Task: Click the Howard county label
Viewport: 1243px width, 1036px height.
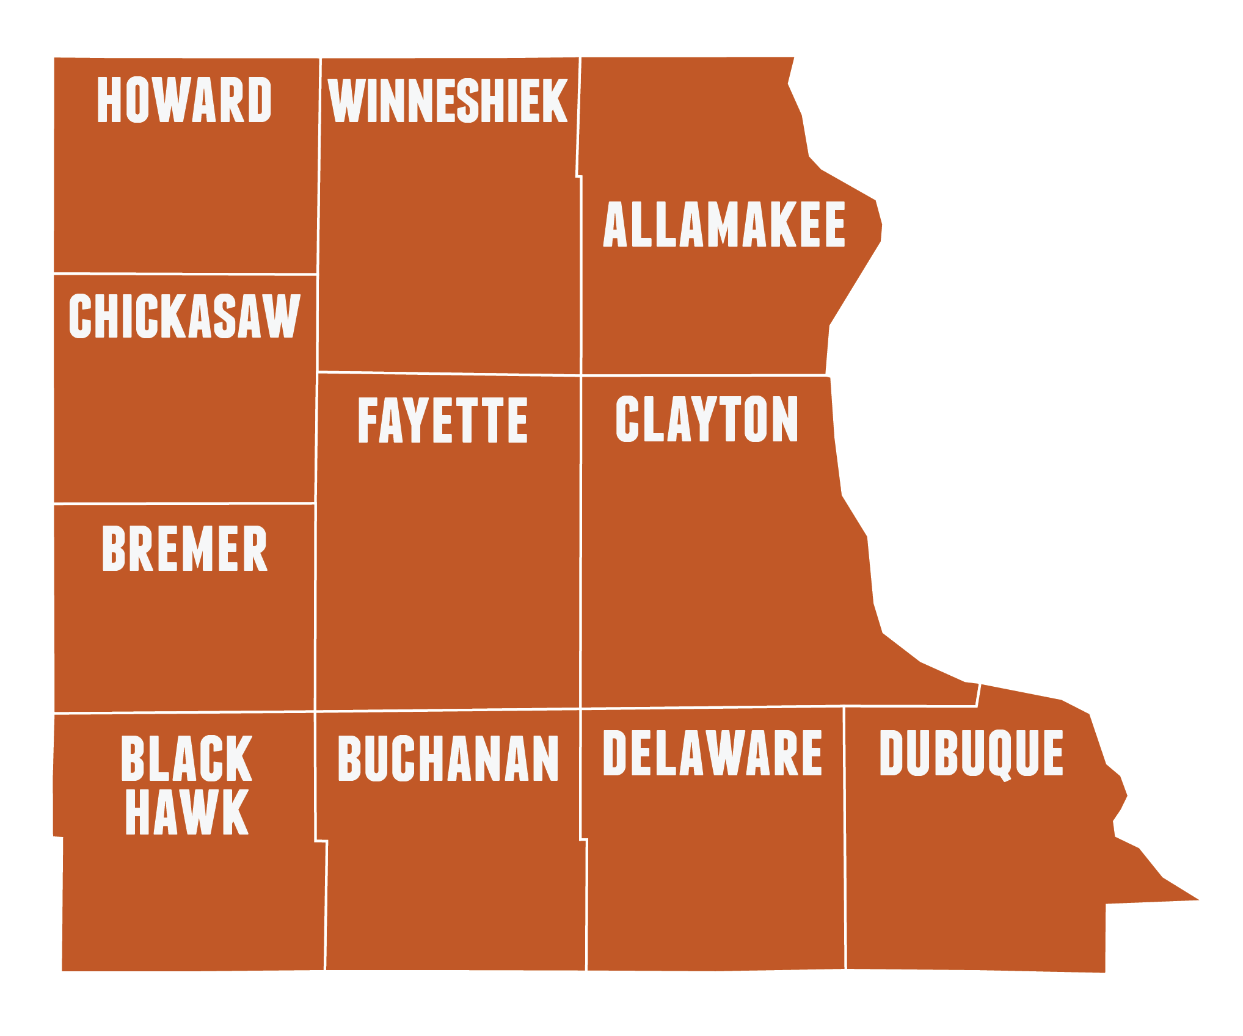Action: pos(184,100)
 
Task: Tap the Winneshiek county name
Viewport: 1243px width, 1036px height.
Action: pos(448,101)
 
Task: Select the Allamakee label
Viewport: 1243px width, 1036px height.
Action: pos(724,225)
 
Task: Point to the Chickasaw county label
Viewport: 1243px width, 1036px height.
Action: pos(184,316)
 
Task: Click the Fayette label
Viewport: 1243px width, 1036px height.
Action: pos(443,420)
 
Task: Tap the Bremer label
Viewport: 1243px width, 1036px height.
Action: pos(184,549)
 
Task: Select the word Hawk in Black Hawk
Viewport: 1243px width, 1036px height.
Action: pos(186,812)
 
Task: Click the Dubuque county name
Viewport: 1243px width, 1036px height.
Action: pos(971,755)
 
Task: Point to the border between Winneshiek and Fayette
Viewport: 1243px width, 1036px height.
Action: pos(449,373)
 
